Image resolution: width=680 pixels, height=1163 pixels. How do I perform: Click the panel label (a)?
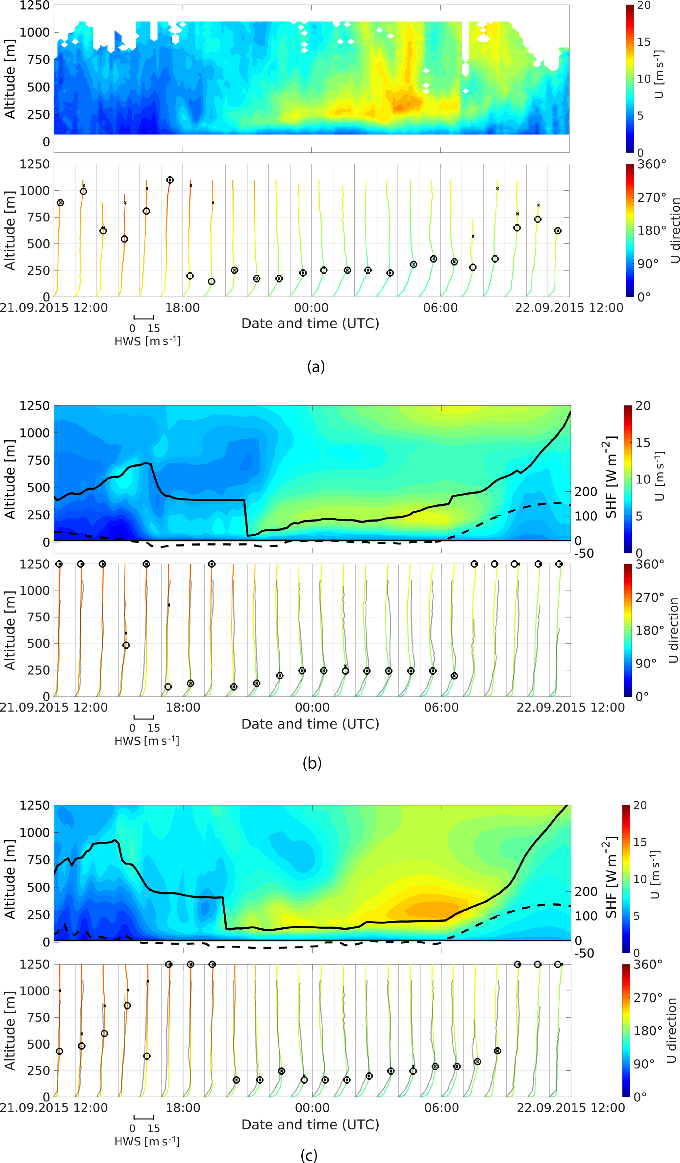click(316, 366)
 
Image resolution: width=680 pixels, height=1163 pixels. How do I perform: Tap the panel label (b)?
click(312, 763)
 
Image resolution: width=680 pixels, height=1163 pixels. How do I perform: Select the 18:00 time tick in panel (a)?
click(183, 308)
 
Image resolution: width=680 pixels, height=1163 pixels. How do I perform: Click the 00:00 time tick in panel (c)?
click(312, 1107)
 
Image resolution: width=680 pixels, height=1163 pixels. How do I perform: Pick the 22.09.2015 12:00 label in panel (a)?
click(569, 308)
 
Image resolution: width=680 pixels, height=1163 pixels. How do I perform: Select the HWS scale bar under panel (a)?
click(144, 317)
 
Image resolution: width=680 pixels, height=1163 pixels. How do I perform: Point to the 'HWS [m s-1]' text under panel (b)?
click(147, 741)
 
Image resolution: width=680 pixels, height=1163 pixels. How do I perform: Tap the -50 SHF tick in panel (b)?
click(584, 553)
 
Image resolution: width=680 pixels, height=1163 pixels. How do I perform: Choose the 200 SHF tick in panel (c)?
click(586, 892)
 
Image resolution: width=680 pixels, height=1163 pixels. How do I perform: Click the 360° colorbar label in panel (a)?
click(652, 165)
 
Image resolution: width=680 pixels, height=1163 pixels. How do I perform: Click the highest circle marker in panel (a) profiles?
click(170, 180)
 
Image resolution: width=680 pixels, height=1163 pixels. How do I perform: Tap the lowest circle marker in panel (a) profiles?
click(212, 282)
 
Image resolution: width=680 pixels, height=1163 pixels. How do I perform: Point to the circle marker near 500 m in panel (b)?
click(126, 645)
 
